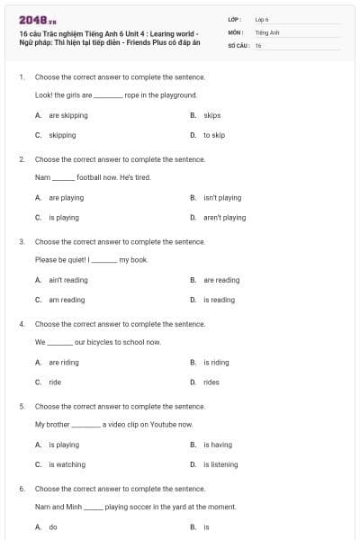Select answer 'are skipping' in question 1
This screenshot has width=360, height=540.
point(68,115)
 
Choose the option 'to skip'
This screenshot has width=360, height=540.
point(214,135)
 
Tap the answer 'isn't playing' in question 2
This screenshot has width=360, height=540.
point(222,197)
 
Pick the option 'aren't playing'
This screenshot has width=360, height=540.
point(224,217)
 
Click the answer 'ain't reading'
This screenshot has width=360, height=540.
point(68,280)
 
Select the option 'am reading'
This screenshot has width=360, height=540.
point(67,300)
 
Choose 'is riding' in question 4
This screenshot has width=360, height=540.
point(216,362)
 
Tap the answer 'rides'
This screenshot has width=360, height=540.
point(211,382)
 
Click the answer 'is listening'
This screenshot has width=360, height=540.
point(220,464)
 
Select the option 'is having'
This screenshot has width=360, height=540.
point(218,445)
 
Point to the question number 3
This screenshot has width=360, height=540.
point(22,241)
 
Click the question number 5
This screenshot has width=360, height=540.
point(22,406)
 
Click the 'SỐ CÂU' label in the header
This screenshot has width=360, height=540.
point(239,45)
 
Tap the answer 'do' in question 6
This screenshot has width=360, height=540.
point(53,527)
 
